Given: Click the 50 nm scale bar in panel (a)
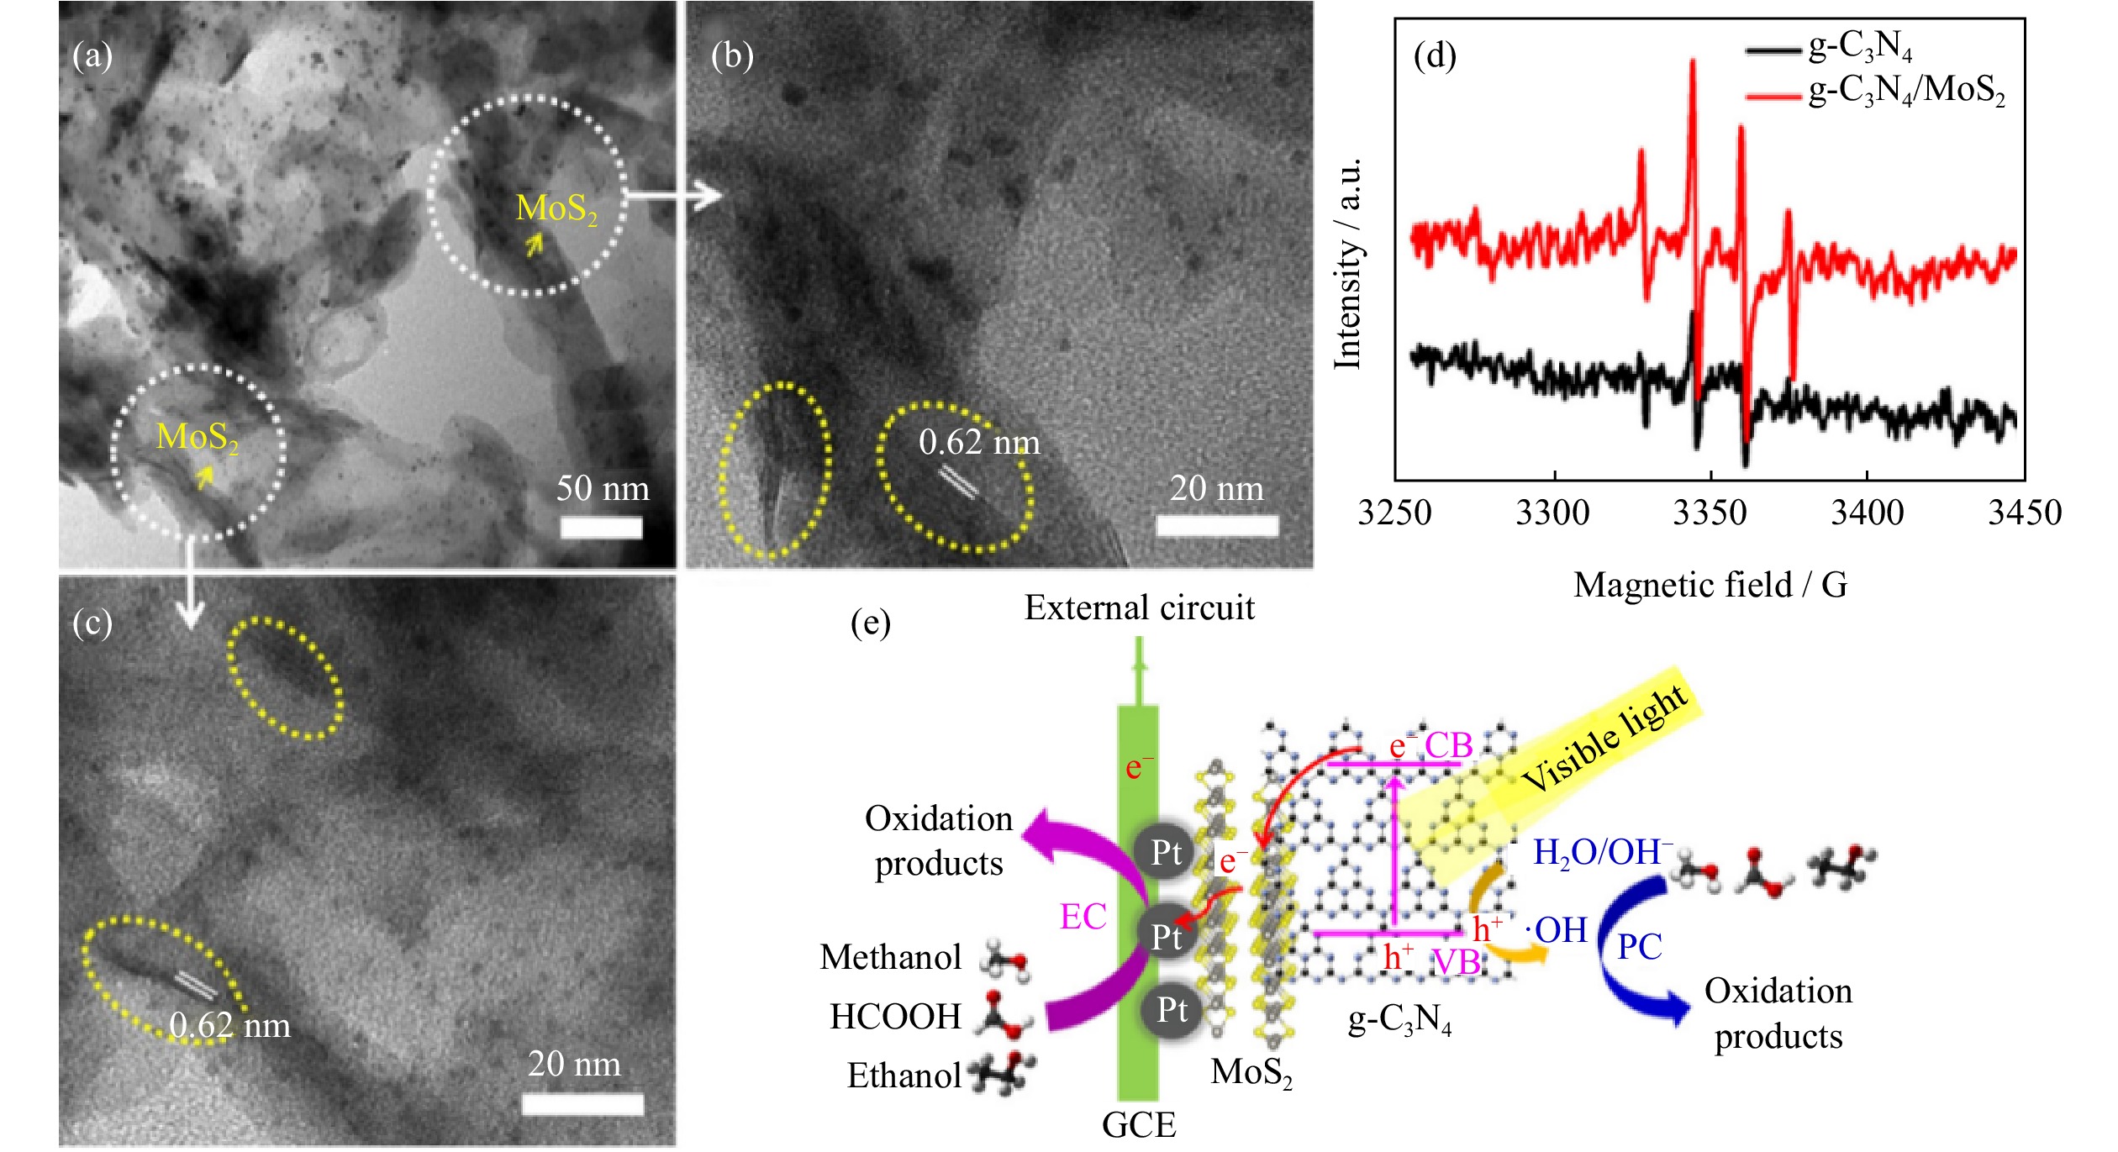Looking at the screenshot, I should pyautogui.click(x=601, y=528).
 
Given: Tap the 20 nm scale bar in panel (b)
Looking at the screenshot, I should pyautogui.click(x=1217, y=526).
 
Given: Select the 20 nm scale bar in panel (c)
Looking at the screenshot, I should pyautogui.click(x=582, y=1103).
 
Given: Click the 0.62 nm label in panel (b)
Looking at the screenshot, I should pyautogui.click(x=979, y=443).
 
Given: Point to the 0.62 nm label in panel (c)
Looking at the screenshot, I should pyautogui.click(x=229, y=1026).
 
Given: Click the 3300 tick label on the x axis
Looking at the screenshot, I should pyautogui.click(x=1553, y=513).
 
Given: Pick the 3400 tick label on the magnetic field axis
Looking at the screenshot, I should pyautogui.click(x=1867, y=513).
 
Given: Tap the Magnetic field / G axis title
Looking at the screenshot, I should pyautogui.click(x=1710, y=585).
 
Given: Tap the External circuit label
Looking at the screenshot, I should pyautogui.click(x=1139, y=608).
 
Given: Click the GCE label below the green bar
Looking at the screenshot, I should pyautogui.click(x=1139, y=1124).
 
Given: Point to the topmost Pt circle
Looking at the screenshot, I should pyautogui.click(x=1167, y=854).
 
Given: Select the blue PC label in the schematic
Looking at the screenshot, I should pyautogui.click(x=1639, y=947).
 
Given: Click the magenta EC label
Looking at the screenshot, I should pyautogui.click(x=1083, y=917).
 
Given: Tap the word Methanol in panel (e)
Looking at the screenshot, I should pyautogui.click(x=890, y=957).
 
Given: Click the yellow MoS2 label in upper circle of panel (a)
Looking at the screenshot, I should pyautogui.click(x=556, y=209).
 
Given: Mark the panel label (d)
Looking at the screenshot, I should pyautogui.click(x=1435, y=55).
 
